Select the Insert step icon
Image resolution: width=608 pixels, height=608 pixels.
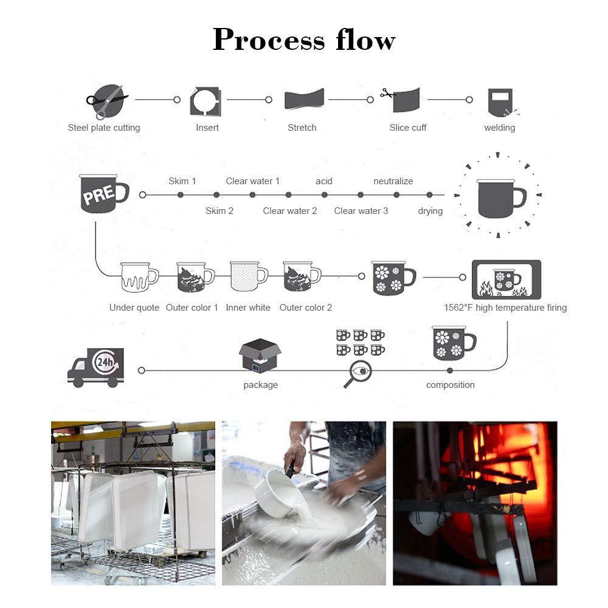206,101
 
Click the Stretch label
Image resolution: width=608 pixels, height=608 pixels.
302,128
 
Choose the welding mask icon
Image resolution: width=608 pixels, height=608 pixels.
500,102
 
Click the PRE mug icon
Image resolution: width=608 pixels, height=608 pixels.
102,193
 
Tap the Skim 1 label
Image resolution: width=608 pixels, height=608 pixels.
182,181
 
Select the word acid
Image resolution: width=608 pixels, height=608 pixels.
324,181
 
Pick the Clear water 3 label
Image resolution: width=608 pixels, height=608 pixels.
361,211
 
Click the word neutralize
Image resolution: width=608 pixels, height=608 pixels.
393,181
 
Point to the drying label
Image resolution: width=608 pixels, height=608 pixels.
430,211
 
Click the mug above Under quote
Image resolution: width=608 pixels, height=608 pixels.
138,278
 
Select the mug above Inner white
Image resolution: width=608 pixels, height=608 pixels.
248,277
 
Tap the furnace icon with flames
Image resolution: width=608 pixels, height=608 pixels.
506,279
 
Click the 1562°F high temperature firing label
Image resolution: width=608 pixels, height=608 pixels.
505,308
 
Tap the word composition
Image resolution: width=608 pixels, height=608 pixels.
451,385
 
